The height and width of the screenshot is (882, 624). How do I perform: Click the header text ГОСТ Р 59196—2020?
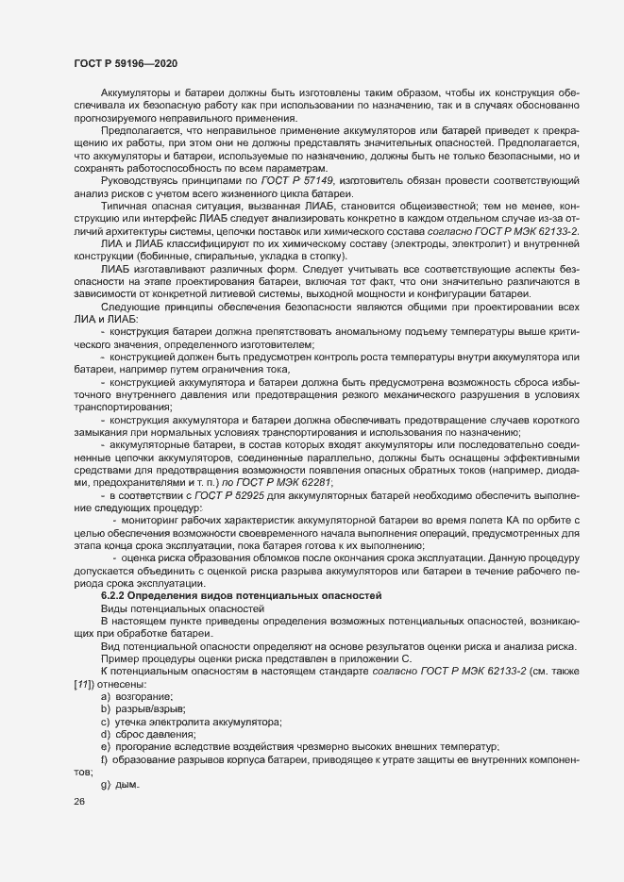point(125,62)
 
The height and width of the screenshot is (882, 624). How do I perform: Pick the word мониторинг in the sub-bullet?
point(149,520)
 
